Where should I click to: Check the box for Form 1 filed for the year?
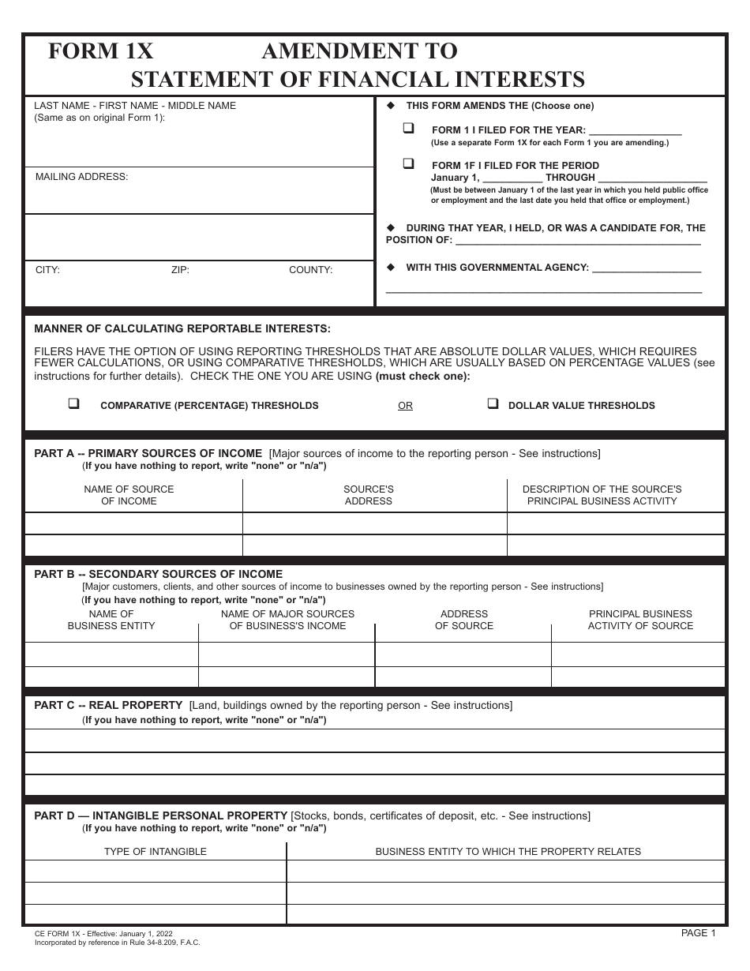[409, 128]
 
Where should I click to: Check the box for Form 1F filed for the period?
[409, 163]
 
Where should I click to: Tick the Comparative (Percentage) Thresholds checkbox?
[74, 403]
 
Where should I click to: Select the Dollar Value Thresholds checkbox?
[493, 403]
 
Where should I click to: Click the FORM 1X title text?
[100, 51]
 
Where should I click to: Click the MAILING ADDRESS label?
[81, 177]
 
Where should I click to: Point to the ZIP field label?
[180, 270]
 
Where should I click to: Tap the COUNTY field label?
[310, 270]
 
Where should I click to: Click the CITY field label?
[47, 270]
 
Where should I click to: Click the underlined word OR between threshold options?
[405, 406]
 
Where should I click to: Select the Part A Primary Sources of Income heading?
[148, 453]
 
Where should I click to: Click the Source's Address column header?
[368, 495]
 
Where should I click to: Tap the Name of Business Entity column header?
[111, 620]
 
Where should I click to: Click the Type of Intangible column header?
[156, 852]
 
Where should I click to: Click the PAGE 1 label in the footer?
[698, 933]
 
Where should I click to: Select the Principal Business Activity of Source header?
[640, 620]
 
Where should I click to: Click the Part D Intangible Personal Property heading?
[161, 815]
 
